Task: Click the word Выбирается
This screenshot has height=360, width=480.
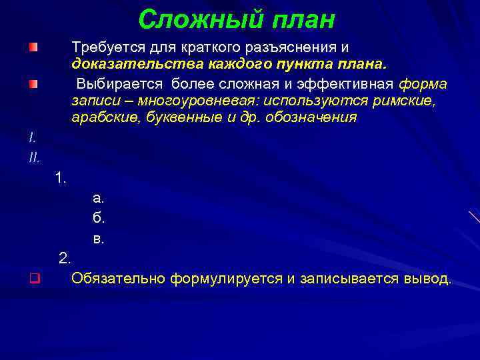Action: [121, 84]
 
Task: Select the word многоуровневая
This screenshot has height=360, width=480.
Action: [205, 101]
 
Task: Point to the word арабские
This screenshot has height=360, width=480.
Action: [101, 117]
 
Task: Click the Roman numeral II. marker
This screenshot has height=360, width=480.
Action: [35, 157]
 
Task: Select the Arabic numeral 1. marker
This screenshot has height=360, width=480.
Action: [61, 178]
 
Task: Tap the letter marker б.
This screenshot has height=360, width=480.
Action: [99, 217]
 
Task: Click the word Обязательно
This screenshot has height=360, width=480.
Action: [118, 277]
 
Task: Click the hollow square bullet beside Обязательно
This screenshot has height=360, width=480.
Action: [33, 278]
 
